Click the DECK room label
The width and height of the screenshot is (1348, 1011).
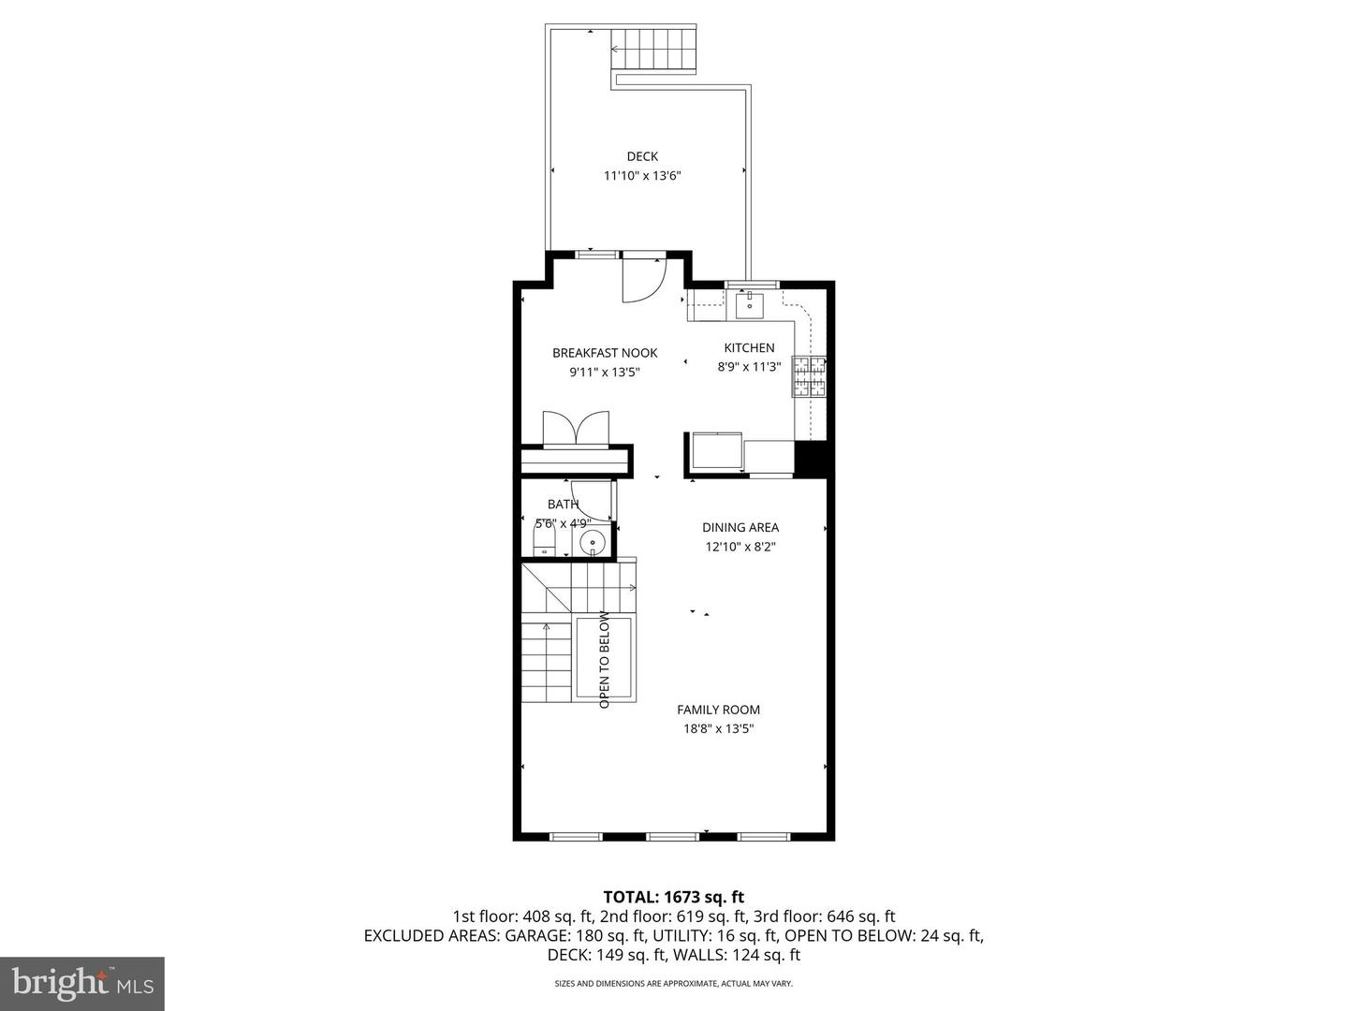click(642, 156)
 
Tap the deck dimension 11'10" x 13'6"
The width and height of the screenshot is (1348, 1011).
click(642, 175)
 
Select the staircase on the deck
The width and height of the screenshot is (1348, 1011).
click(655, 50)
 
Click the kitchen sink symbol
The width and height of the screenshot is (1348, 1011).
click(750, 304)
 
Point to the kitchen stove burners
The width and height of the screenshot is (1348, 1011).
click(810, 377)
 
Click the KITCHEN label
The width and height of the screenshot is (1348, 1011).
click(749, 347)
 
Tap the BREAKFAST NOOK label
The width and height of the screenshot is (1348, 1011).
click(605, 353)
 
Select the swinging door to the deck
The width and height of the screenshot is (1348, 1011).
click(643, 278)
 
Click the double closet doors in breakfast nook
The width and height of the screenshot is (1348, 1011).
click(577, 430)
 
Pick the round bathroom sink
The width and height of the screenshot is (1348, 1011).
click(593, 542)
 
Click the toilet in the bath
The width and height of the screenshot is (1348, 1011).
click(544, 540)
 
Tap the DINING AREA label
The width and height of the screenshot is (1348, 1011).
click(740, 527)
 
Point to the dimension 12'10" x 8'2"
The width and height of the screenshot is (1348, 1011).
click(740, 547)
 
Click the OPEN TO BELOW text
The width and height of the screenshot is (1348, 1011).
click(605, 659)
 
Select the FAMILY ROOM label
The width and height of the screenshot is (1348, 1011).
click(718, 710)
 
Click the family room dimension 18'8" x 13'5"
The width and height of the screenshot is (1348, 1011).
click(718, 728)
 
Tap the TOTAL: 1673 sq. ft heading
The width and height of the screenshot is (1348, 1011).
click(674, 897)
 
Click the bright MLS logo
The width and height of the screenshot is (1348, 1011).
click(82, 983)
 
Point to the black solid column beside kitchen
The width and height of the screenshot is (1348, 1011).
click(813, 459)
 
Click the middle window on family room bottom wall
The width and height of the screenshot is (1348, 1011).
click(673, 836)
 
